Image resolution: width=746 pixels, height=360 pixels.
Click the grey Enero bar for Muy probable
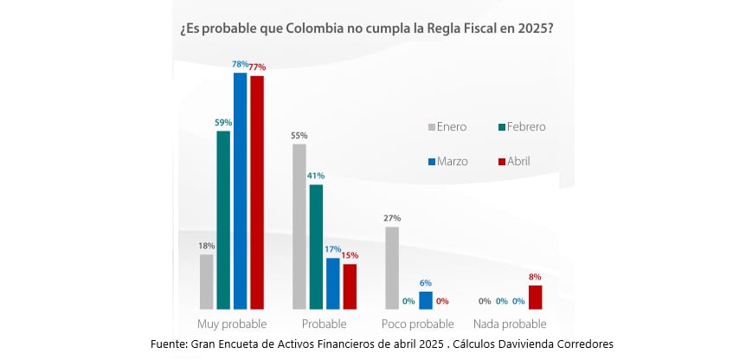[206, 281]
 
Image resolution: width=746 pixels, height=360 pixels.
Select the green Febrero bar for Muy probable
[223, 220]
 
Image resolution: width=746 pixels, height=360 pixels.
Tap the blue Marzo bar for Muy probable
[241, 190]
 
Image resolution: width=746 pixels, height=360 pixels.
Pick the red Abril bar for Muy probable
[257, 192]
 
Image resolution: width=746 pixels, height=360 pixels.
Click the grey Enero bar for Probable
[299, 226]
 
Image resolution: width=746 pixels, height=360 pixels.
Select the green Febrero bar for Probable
[316, 247]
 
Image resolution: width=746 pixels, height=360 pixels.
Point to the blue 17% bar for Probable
[333, 283]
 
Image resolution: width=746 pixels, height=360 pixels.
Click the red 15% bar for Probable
[350, 286]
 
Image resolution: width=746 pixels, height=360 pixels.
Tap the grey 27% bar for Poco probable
[392, 267]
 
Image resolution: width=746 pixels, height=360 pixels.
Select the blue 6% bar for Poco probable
[426, 300]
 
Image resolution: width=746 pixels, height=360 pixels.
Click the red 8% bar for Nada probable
[536, 297]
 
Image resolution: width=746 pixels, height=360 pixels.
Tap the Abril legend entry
[514, 161]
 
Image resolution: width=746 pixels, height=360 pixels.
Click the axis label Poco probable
[417, 325]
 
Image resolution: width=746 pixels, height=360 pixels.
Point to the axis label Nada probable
[510, 325]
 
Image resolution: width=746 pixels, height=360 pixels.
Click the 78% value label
[241, 65]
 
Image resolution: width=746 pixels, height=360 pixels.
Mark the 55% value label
[299, 136]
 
